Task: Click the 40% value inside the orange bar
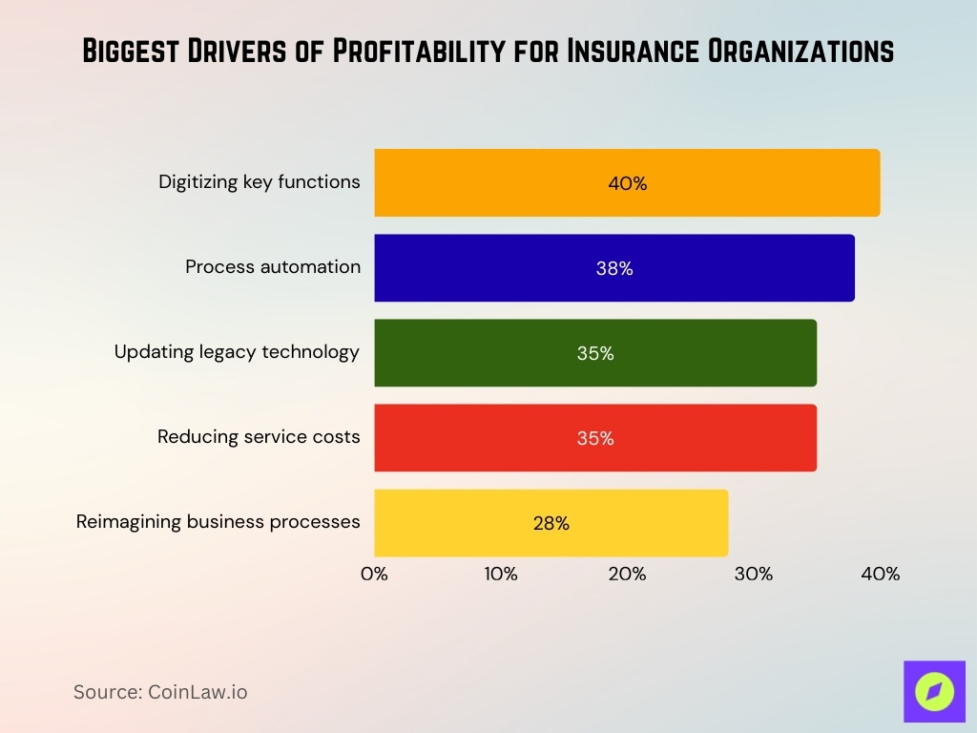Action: [x=627, y=183]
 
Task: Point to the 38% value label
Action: [x=614, y=269]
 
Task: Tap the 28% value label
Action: [x=551, y=523]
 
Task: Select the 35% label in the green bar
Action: [x=595, y=353]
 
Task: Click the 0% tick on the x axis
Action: [x=374, y=575]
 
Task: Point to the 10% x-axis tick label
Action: [x=501, y=575]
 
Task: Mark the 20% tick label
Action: [x=627, y=575]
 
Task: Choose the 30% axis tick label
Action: [x=754, y=575]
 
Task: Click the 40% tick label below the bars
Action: [x=880, y=575]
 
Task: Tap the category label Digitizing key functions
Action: [x=260, y=181]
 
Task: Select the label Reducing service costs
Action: [x=259, y=437]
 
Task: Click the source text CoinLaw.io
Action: [x=197, y=692]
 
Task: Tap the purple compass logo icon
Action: [x=934, y=691]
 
